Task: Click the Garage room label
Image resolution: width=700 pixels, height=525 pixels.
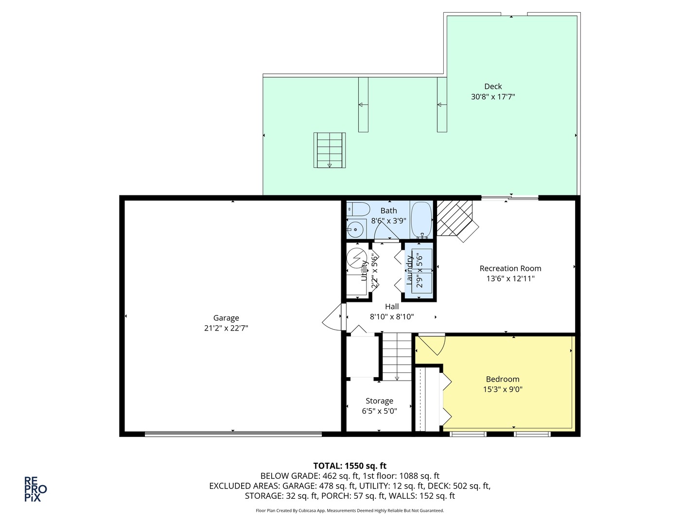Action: [x=226, y=318]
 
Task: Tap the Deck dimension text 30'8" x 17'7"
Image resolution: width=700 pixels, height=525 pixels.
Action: [x=492, y=97]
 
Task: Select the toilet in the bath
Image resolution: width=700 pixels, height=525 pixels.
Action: [x=358, y=210]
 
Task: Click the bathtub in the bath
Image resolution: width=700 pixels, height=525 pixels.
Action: [x=421, y=219]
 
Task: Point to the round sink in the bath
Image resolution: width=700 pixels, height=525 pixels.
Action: [x=355, y=228]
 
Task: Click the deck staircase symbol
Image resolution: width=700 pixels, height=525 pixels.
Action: [x=330, y=150]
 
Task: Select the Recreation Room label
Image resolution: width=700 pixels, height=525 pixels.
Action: [x=510, y=268]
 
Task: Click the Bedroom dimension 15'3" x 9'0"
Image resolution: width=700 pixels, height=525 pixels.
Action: [x=503, y=389]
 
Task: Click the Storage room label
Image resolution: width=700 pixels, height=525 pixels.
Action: [x=379, y=401]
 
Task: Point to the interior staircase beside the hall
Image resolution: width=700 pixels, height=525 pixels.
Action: [x=397, y=356]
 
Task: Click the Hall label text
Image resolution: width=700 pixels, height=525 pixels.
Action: [x=392, y=307]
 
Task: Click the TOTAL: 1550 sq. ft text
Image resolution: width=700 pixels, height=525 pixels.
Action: [x=350, y=466]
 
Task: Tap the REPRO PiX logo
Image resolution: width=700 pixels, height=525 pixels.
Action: [x=35, y=489]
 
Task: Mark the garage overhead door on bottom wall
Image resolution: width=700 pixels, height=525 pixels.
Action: [x=233, y=434]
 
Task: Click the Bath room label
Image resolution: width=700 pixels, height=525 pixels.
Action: [x=388, y=210]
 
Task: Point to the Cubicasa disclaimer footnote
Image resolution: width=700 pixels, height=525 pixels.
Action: [x=350, y=510]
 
